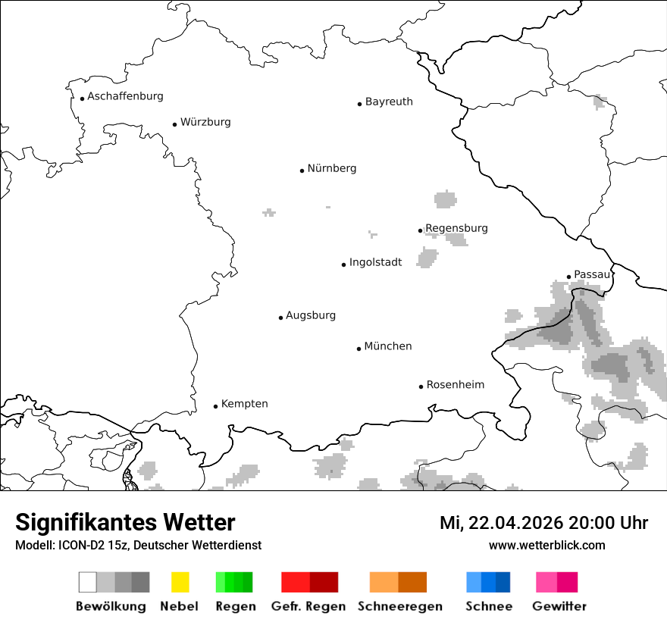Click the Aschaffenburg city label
click(125, 96)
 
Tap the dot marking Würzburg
click(174, 124)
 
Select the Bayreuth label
click(389, 102)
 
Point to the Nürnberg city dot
click(302, 171)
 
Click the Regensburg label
click(456, 228)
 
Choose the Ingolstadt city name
click(375, 262)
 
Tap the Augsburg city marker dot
click(280, 318)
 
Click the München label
click(388, 346)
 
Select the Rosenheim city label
click(455, 385)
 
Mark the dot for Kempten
click(215, 406)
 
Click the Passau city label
click(591, 274)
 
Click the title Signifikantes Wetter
click(125, 522)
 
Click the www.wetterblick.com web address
click(546, 545)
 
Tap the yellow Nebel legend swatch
click(180, 582)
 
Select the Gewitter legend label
click(559, 606)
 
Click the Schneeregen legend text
click(400, 606)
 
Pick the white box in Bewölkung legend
click(88, 582)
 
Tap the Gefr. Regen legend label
click(308, 606)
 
